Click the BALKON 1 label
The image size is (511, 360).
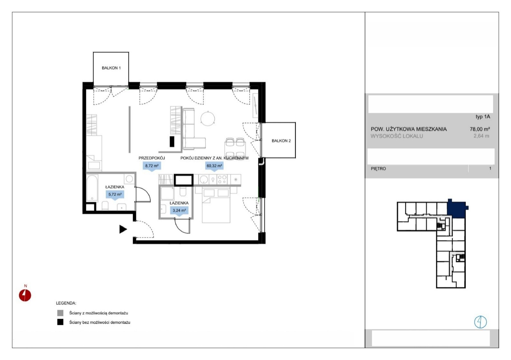pos(111,68)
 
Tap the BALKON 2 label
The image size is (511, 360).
pos(281,141)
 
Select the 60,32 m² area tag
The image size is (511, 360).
pos(214,166)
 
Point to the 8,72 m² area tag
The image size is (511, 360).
pos(152,166)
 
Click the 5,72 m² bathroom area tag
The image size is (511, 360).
pos(115,194)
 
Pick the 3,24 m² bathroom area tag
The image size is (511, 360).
pos(179,210)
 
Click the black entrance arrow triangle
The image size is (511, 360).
pos(123,229)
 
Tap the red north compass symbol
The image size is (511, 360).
pos(25,296)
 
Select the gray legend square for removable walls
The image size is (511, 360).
pos(60,313)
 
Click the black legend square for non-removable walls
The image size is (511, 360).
pos(60,322)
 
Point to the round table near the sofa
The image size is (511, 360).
pos(208,118)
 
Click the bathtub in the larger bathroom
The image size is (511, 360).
pos(92,188)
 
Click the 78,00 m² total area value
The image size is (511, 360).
pos(480,129)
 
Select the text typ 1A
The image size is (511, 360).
pos(483,117)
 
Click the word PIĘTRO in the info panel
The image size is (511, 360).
pos(378,169)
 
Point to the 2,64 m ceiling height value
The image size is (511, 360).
pos(481,136)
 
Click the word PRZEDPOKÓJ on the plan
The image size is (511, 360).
pos(152,158)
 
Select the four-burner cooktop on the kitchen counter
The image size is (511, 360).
pos(222,179)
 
